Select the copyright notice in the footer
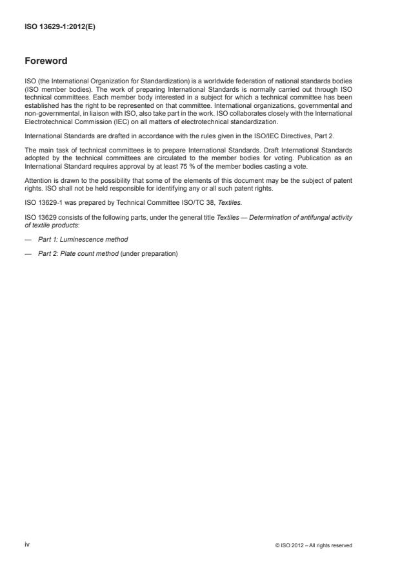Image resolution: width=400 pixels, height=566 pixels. [x=314, y=545]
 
